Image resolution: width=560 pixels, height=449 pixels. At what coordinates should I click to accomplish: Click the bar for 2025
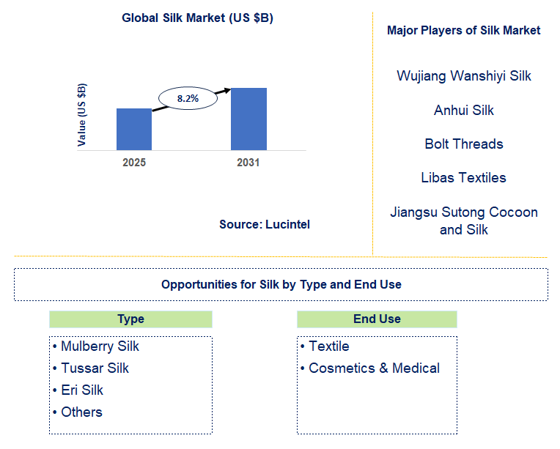click(134, 130)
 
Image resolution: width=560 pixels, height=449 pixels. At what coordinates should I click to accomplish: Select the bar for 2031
click(248, 119)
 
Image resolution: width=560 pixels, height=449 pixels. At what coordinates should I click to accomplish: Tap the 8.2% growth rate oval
click(188, 97)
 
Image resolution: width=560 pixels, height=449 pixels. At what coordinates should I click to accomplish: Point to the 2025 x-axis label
click(134, 163)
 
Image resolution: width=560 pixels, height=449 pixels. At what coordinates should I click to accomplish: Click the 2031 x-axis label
click(248, 163)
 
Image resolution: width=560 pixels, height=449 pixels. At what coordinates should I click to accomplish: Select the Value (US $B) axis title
click(82, 115)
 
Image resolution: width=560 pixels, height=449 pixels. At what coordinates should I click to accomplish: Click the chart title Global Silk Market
click(197, 18)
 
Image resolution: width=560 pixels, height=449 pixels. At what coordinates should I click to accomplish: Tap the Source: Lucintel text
click(265, 225)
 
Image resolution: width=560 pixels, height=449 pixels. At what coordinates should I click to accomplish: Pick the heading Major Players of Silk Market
click(463, 30)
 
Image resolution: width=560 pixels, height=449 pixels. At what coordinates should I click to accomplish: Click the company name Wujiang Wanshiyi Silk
click(463, 75)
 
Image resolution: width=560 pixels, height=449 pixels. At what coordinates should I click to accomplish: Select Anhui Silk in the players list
click(463, 110)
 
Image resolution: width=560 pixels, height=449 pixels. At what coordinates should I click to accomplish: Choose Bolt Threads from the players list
click(463, 144)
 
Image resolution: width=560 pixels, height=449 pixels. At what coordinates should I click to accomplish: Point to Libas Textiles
click(463, 177)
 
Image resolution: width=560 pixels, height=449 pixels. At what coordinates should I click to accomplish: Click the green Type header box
click(130, 319)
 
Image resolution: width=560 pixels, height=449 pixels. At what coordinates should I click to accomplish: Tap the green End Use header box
click(377, 319)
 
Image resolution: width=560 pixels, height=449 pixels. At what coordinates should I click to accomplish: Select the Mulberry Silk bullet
click(100, 346)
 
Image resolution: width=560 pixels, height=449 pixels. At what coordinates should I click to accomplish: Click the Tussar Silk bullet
click(95, 368)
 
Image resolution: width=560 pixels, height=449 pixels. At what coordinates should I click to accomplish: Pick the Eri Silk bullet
click(82, 390)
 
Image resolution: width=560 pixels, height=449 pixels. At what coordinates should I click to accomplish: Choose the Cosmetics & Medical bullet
click(374, 368)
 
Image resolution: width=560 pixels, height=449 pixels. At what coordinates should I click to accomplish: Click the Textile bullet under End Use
click(328, 346)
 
